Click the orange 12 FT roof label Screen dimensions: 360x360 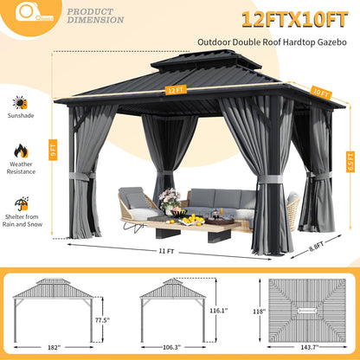tap(177, 89)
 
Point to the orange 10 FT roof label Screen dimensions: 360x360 tap(296, 93)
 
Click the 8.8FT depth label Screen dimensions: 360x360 tap(318, 244)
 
